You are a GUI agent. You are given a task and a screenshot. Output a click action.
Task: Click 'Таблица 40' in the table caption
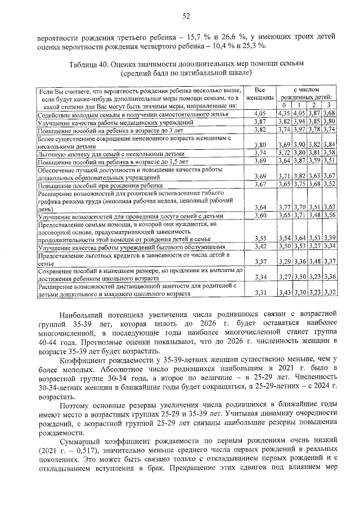point(89,64)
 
